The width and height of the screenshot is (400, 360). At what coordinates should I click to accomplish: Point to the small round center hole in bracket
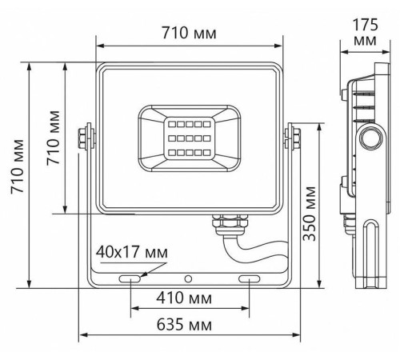click(189, 279)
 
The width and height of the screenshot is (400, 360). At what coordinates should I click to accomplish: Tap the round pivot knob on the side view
click(370, 137)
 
